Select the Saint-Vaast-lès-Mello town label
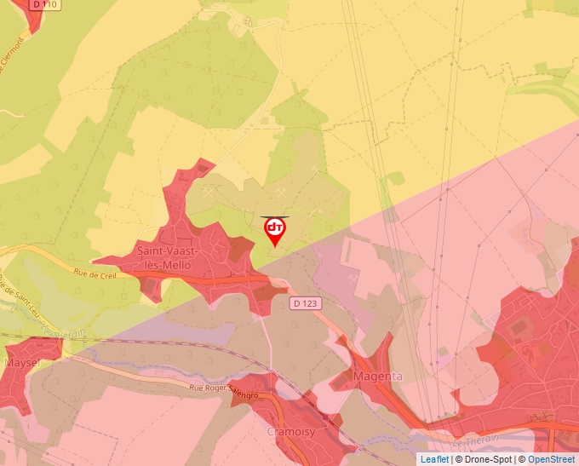tap(168, 258)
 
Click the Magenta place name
tap(378, 376)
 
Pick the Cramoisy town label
tap(292, 432)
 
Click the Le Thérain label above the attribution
tap(471, 443)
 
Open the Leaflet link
tap(434, 459)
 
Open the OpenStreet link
tap(553, 459)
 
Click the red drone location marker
tap(275, 230)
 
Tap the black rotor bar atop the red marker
tap(275, 217)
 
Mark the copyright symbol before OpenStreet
tap(523, 459)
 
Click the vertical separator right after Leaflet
tap(452, 459)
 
